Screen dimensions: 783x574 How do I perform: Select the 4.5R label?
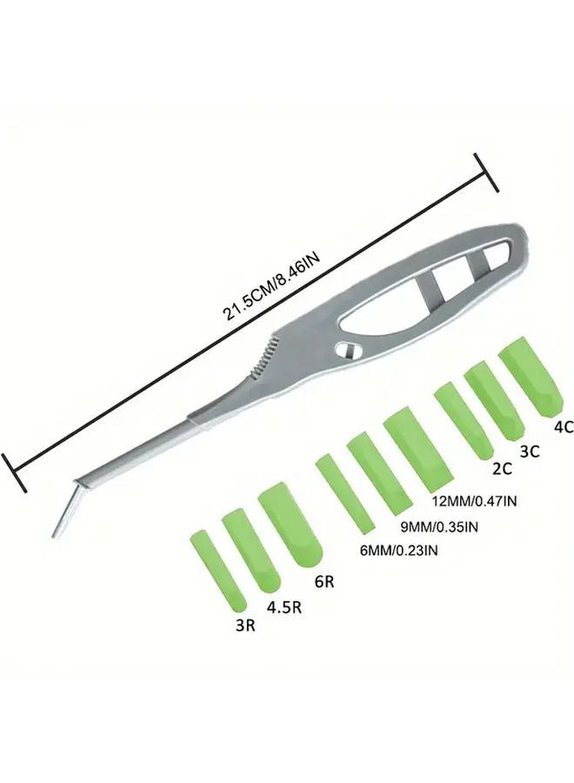[x=284, y=607]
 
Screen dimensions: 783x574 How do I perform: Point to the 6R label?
[x=324, y=582]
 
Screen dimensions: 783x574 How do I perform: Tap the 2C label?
[x=502, y=470]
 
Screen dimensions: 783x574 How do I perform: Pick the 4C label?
[x=562, y=427]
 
